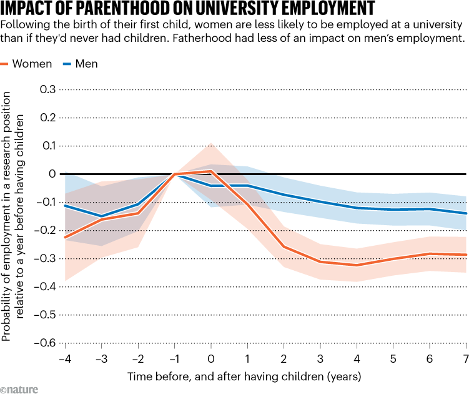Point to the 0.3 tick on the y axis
click(x=47, y=89)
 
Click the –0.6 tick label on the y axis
click(x=45, y=343)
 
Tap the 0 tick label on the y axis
click(x=52, y=174)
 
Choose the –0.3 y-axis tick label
click(x=45, y=259)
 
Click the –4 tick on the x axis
click(x=64, y=358)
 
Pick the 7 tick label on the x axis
click(x=465, y=358)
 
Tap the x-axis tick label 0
click(x=211, y=358)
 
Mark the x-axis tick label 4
click(x=357, y=358)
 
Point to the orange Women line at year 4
click(x=357, y=265)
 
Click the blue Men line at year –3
click(x=101, y=216)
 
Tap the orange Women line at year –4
click(x=65, y=238)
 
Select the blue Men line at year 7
click(x=466, y=213)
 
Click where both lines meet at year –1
click(x=175, y=174)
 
